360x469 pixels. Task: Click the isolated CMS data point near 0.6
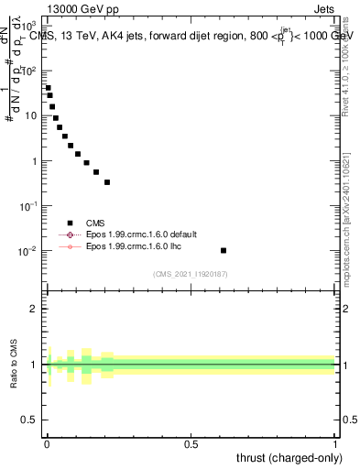click(224, 250)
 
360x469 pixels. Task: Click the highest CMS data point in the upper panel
click(48, 88)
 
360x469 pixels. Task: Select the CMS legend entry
click(95, 223)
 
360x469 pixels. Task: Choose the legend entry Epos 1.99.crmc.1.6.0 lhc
click(134, 246)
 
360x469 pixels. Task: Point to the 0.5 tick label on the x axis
click(191, 444)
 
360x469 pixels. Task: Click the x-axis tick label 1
click(335, 444)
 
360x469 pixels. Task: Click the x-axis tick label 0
click(46, 444)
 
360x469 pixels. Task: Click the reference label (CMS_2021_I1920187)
click(191, 274)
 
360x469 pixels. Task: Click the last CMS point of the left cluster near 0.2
click(107, 182)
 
